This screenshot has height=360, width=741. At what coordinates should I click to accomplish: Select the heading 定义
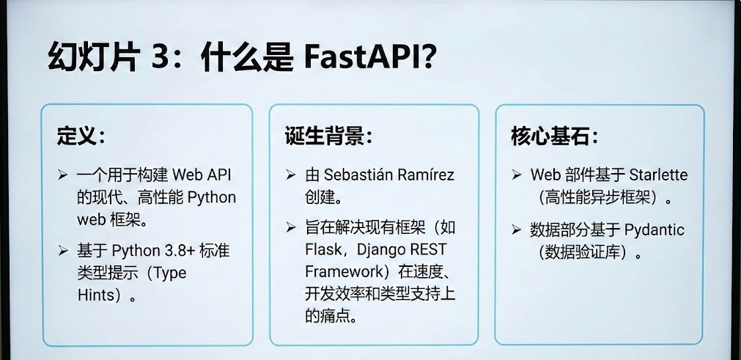pos(76,136)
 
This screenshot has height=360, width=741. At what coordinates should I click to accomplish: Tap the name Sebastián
pos(358,176)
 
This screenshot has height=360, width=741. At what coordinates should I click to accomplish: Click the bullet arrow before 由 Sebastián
pos(291,177)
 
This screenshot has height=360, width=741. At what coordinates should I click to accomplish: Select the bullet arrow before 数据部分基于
pos(517,231)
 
